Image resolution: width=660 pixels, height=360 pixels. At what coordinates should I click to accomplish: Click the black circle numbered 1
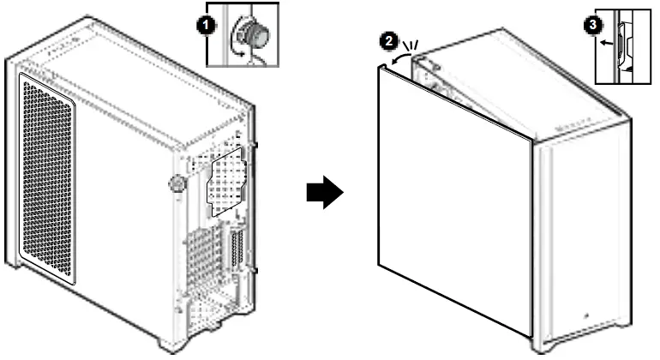click(x=206, y=26)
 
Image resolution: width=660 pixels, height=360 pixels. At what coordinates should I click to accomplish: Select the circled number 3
click(x=590, y=25)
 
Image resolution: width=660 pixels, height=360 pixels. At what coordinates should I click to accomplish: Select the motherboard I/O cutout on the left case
click(x=225, y=184)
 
